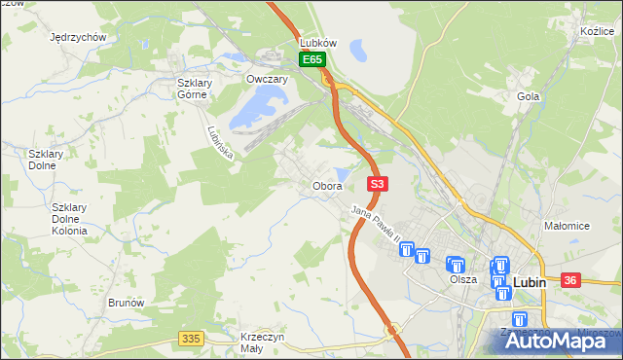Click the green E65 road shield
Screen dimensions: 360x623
311,60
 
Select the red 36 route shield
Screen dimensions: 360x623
570,280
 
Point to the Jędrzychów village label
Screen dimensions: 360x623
77,37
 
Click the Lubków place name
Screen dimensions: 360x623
317,43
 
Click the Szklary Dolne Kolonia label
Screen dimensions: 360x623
69,219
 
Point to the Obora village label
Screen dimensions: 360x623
326,185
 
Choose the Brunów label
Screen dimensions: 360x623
127,303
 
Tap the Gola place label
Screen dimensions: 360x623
529,96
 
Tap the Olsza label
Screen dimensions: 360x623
463,279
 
